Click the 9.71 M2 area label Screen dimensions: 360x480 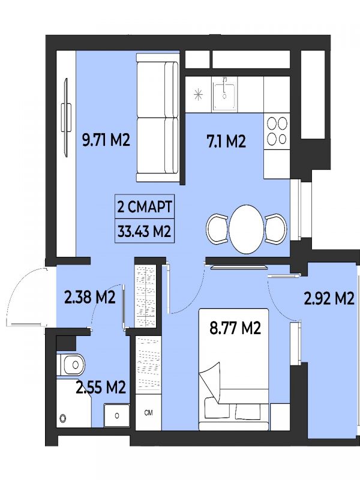point(106,140)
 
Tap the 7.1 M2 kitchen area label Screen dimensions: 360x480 point(227,142)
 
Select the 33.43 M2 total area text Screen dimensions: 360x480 point(144,231)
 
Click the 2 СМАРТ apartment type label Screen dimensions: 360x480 point(145,207)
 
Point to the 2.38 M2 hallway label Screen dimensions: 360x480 point(89,297)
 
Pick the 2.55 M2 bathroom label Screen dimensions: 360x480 point(101,387)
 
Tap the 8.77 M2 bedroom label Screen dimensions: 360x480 point(235,328)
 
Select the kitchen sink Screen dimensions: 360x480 point(224,94)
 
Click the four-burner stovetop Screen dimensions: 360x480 point(277,131)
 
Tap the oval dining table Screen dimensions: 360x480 point(247,229)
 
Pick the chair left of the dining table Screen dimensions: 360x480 point(218,229)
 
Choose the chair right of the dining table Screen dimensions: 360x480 point(276,229)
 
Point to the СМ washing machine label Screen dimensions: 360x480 point(148,413)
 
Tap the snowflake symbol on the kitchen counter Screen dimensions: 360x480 point(199,94)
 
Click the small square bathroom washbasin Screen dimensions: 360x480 point(116,415)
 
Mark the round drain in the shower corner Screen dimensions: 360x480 point(64,418)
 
